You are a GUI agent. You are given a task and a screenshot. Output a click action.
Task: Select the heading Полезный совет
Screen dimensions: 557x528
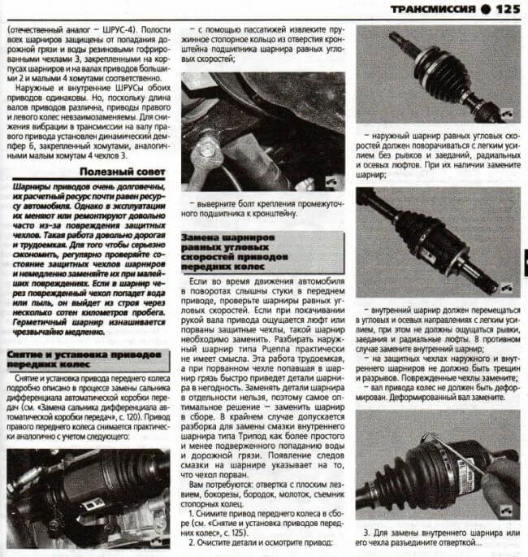click(x=121, y=173)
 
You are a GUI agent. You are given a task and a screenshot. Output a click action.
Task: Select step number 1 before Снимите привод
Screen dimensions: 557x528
click(x=190, y=515)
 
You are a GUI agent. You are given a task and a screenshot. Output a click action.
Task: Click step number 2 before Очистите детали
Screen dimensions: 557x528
click(x=190, y=542)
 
